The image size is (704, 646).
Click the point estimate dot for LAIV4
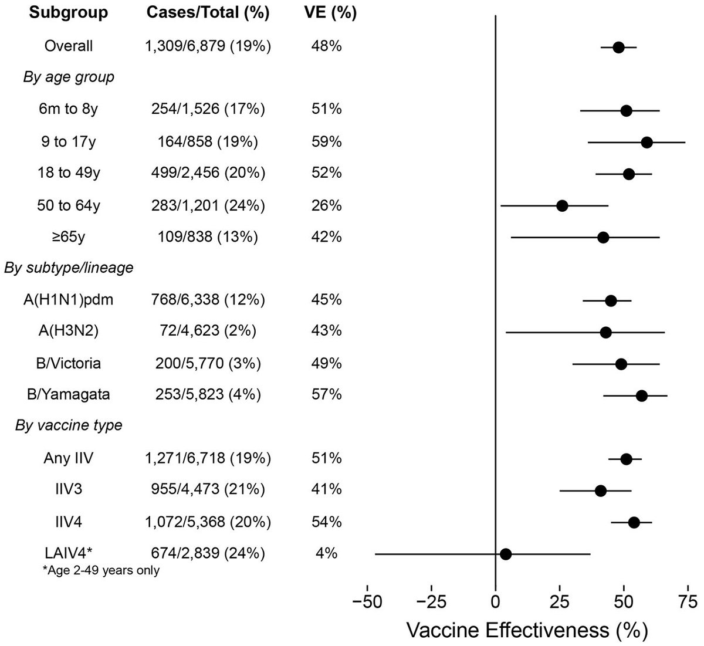click(x=506, y=553)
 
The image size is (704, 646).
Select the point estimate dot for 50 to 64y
click(x=562, y=205)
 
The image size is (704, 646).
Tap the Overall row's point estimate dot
click(x=618, y=47)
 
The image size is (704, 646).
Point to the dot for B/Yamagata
click(x=642, y=395)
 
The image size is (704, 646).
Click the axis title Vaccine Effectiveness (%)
click(x=526, y=630)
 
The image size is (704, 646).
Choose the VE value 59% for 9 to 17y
click(x=327, y=142)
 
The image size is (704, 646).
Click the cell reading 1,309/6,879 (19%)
click(x=208, y=46)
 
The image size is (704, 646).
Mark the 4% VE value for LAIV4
click(x=327, y=553)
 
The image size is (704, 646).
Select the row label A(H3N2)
click(x=69, y=331)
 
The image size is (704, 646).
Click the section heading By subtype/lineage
click(x=69, y=268)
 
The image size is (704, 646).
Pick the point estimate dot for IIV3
click(x=601, y=490)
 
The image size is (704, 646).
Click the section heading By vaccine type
click(x=69, y=425)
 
